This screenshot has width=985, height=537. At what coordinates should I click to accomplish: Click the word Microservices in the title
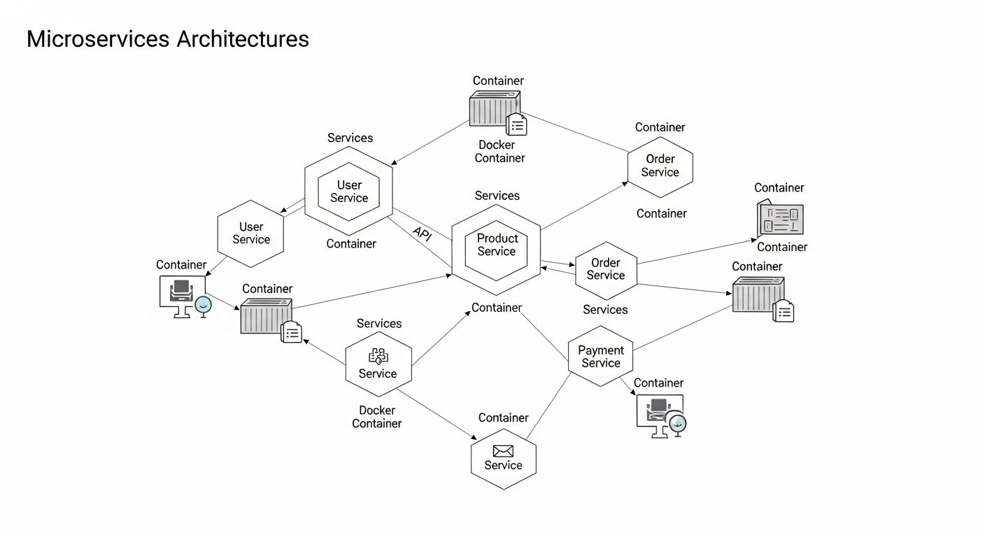point(98,39)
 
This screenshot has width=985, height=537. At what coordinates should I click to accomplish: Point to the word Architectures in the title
point(243,39)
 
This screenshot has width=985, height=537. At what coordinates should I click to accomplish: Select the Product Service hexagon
point(496,245)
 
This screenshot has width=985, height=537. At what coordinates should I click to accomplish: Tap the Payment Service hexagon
point(600,357)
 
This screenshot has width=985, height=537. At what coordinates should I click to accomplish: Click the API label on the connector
point(423,234)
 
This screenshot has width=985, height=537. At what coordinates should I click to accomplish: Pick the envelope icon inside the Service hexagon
point(503,451)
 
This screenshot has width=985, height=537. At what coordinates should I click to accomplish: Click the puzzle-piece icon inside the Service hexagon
point(378,356)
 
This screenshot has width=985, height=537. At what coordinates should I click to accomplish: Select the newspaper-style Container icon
point(781,219)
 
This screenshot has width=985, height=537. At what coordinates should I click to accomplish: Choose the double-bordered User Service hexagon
point(348,192)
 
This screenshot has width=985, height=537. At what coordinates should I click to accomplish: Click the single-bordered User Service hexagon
point(250,234)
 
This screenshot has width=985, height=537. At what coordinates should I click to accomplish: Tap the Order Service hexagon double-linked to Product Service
point(605,270)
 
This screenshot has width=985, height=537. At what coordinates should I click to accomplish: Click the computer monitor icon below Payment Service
point(660,415)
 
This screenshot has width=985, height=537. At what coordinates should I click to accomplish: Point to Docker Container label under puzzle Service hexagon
point(377,417)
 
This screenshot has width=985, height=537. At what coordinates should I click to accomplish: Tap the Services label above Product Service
point(497,196)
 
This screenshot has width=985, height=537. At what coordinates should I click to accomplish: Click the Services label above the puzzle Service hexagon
point(379,323)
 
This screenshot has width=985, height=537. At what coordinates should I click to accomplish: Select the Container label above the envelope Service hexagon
point(503,417)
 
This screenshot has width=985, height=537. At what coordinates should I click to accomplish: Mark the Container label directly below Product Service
point(497,308)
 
